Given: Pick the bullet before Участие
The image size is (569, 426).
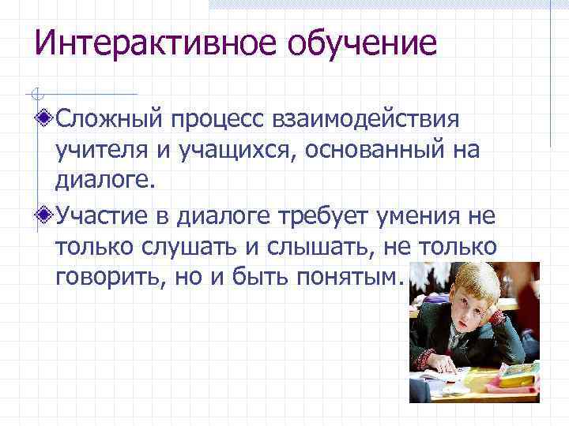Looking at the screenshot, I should [46, 214].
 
